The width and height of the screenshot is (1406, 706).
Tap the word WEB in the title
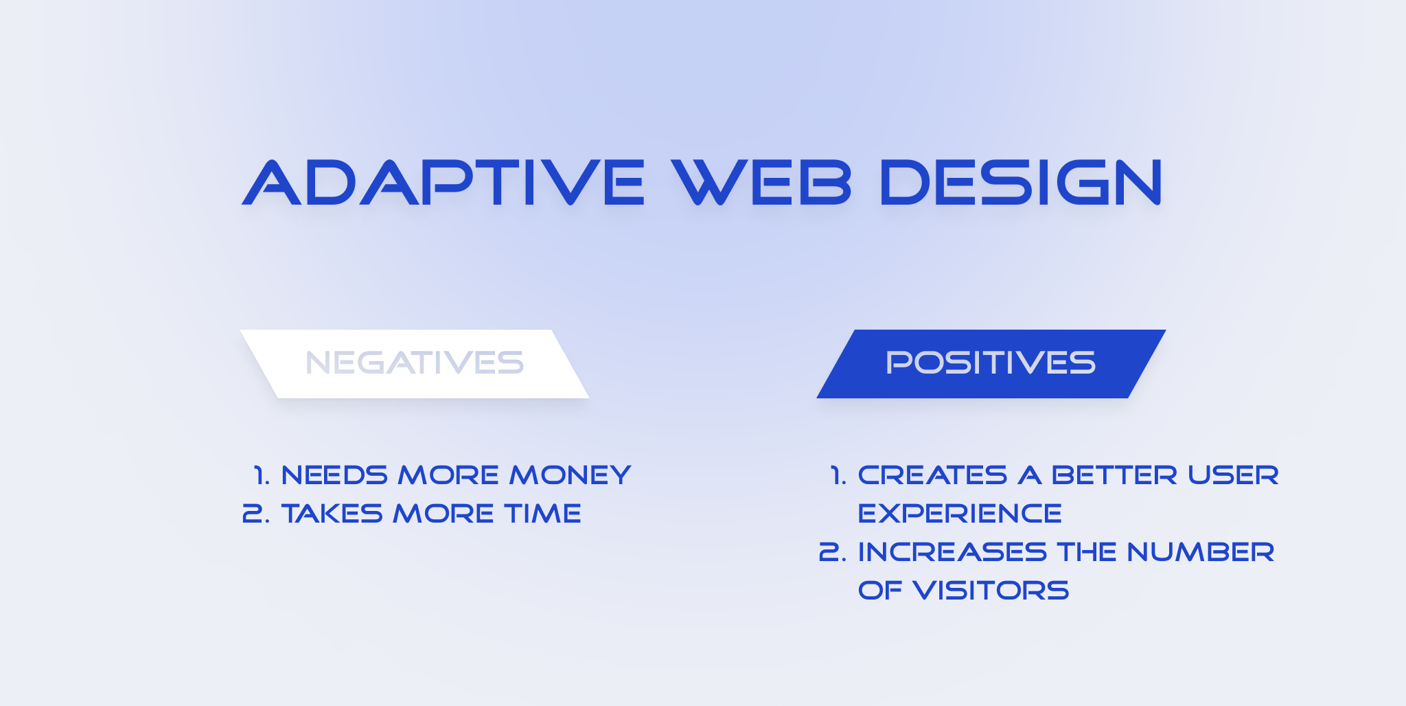point(762,183)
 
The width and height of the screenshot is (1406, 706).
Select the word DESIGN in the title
point(1021,183)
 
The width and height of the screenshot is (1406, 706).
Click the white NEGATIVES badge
point(415,363)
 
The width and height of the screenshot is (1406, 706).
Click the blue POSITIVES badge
point(991,363)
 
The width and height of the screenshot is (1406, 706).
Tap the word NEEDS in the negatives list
point(334,475)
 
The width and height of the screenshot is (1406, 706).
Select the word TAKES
point(332,514)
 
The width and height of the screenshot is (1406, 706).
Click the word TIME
point(542,514)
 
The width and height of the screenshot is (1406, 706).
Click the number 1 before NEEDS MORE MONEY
point(260,475)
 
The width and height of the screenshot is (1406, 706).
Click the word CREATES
point(932,475)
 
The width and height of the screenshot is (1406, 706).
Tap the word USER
point(1233,475)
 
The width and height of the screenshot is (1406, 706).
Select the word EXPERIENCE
point(960,514)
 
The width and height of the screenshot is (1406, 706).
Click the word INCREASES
point(952,552)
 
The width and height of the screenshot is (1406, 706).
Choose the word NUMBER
point(1200,552)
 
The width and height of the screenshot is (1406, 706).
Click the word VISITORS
point(991,591)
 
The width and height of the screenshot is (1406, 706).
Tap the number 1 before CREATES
point(837,475)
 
